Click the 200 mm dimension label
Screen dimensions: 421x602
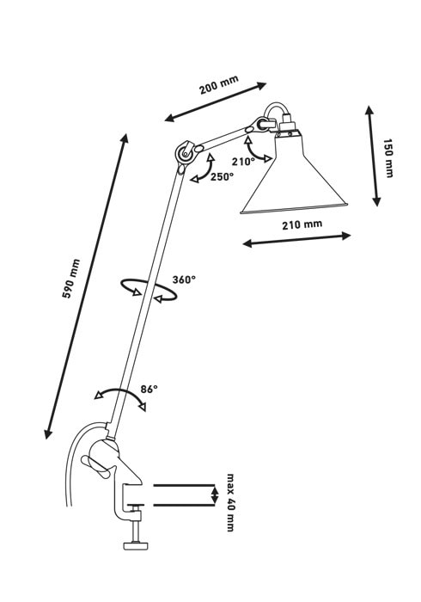(219, 85)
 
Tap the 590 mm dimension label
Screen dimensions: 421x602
(71, 279)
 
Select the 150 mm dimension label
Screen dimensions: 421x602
(388, 158)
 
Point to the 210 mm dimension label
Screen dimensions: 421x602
(302, 224)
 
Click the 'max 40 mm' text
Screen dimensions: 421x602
(230, 502)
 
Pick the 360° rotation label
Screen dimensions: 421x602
(184, 279)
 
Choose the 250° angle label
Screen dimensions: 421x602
(222, 177)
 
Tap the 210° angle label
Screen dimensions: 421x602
(243, 162)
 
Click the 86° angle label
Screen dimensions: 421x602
(149, 389)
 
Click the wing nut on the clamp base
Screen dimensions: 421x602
(98, 467)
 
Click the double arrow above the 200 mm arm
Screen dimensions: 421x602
(215, 101)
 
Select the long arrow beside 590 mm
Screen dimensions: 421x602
(86, 286)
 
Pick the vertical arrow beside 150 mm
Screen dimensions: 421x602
(373, 157)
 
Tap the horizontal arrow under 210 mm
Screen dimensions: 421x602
(296, 240)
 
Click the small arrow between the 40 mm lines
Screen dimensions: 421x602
(215, 494)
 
